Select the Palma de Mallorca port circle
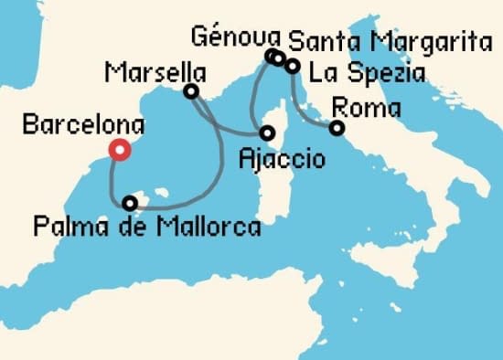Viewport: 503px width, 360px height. pos(131,203)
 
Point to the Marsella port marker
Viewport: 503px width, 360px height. pos(190,91)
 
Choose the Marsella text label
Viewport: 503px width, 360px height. pos(154,70)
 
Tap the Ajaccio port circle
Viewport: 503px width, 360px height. pos(268,132)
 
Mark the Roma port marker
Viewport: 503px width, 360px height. pos(337,128)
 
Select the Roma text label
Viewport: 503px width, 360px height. pos(368,107)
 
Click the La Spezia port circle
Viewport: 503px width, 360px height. pos(292,66)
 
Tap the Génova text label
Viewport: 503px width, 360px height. pos(234,37)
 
